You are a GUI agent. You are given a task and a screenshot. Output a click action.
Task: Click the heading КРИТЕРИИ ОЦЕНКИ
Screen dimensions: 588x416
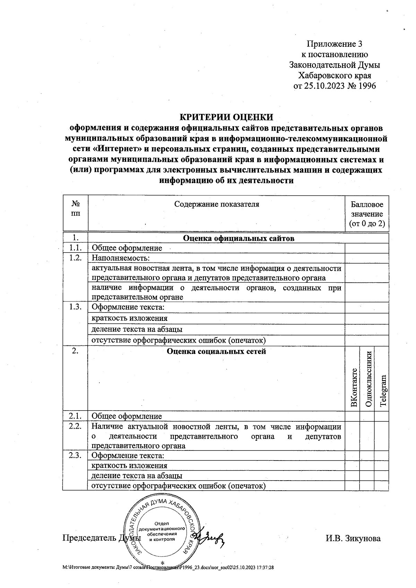pyautogui.click(x=226, y=117)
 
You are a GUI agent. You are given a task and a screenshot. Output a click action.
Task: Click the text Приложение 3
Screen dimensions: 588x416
pyautogui.click(x=334, y=44)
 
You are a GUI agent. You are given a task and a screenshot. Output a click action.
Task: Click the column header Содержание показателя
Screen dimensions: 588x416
pyautogui.click(x=216, y=204)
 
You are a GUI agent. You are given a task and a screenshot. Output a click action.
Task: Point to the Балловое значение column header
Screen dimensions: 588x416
pyautogui.click(x=367, y=214)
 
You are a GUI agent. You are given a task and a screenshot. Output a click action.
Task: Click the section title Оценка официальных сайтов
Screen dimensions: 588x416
pyautogui.click(x=238, y=238)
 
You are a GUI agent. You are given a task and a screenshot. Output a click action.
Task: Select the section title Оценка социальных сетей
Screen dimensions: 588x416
pyautogui.click(x=216, y=351)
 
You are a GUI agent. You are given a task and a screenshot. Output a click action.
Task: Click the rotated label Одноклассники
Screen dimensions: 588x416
pyautogui.click(x=368, y=379)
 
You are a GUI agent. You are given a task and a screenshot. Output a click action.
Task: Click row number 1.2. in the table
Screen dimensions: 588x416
pyautogui.click(x=75, y=258)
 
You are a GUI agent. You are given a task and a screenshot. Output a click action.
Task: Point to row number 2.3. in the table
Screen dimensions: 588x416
pyautogui.click(x=75, y=456)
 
